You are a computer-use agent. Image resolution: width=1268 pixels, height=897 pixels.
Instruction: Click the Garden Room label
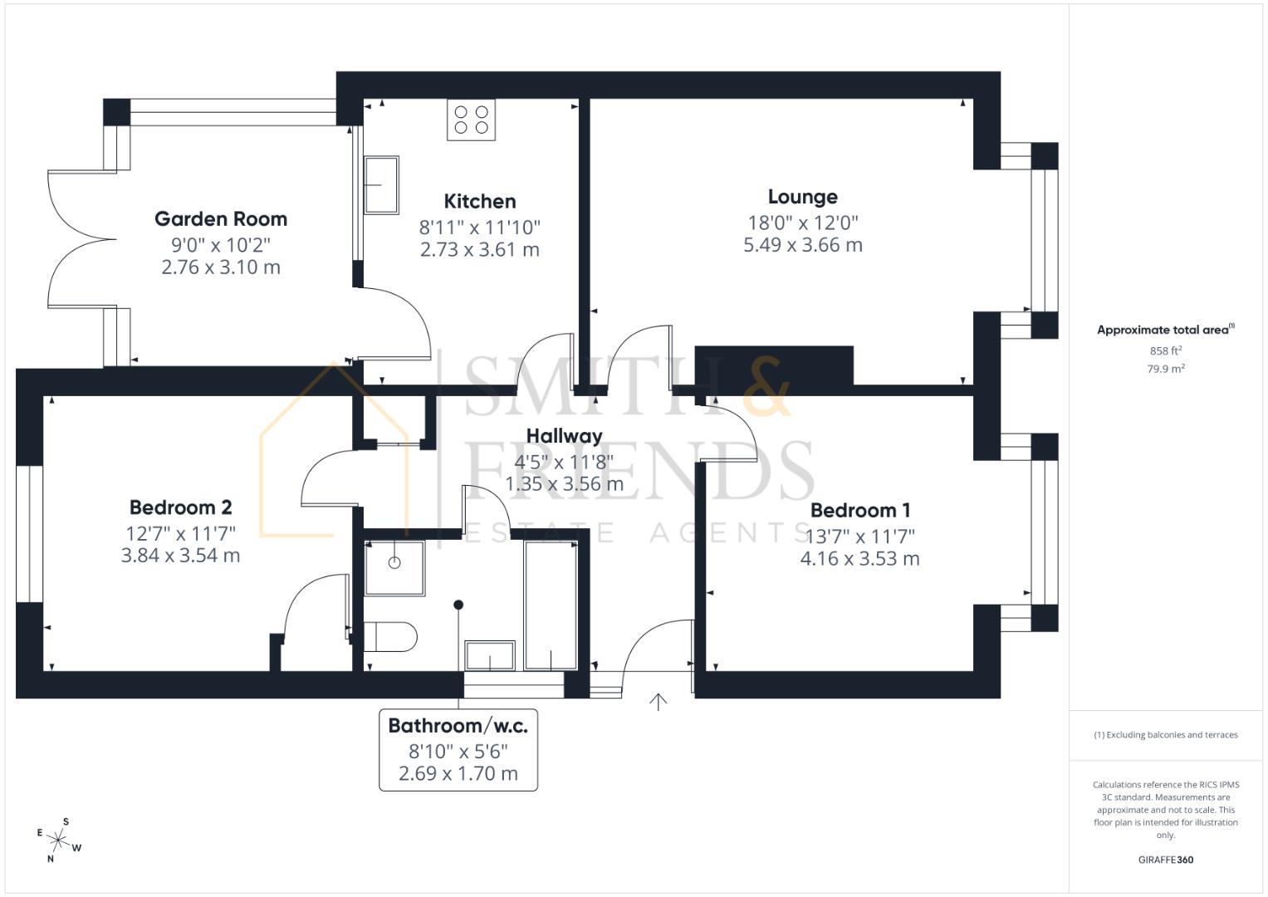221,219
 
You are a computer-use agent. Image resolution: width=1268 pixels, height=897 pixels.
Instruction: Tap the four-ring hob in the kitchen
471,120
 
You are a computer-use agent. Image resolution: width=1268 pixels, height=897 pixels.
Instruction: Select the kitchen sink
381,185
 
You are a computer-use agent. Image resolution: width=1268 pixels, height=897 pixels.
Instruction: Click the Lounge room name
803,197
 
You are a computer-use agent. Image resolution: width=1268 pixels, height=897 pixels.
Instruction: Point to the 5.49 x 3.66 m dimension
803,245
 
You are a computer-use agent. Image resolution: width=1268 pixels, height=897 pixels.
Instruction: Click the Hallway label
565,436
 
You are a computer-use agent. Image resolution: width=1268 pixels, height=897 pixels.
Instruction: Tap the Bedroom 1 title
859,510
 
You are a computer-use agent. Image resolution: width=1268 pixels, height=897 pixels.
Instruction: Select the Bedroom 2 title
180,507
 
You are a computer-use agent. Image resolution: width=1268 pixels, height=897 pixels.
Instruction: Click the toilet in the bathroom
390,636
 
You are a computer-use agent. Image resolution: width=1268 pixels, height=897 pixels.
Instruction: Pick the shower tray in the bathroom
394,568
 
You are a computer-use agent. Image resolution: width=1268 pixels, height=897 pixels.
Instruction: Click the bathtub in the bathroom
551,605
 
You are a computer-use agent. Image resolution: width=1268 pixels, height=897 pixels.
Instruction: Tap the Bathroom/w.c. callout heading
458,725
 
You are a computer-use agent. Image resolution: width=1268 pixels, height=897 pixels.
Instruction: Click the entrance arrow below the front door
658,702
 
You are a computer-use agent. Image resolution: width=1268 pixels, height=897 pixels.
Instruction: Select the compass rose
59,841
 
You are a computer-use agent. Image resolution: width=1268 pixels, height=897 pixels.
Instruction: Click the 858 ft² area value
1166,350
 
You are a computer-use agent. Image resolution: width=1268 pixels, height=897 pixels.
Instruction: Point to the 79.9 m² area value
1166,369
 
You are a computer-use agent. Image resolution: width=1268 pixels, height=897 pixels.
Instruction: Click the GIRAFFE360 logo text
1166,860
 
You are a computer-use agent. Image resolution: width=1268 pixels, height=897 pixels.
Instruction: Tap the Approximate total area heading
1166,330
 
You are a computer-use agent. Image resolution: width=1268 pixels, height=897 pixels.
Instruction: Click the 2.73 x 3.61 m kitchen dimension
479,250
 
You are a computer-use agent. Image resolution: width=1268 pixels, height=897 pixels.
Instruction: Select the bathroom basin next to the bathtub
490,656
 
